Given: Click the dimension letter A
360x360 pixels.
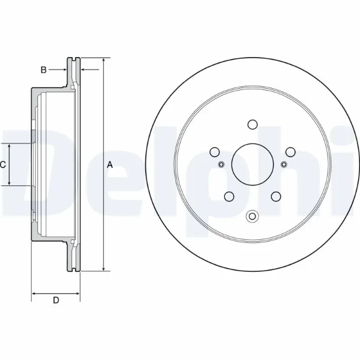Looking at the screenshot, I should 109,164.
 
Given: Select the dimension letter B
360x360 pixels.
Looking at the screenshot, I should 43,70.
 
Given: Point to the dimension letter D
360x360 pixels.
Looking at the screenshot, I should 55,301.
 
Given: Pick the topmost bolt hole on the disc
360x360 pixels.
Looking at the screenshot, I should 252,125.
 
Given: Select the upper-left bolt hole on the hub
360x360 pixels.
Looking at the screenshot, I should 214,152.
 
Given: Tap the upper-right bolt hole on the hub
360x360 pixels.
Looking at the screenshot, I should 290,152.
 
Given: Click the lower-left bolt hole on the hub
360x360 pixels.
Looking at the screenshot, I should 229,196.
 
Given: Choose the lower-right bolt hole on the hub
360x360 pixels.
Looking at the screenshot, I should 275,196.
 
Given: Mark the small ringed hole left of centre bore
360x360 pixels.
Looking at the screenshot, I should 220,164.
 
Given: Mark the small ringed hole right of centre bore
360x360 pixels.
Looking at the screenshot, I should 284,164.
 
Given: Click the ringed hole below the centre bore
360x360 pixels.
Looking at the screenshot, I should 252,216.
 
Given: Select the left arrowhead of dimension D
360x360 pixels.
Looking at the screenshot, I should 34,294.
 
